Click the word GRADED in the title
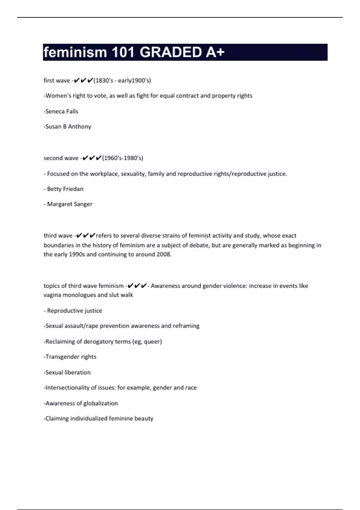click(171, 52)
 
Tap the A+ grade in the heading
click(215, 52)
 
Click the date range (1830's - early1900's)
click(122, 80)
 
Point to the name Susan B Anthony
click(68, 127)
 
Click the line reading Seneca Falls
click(61, 111)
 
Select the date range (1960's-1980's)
click(122, 158)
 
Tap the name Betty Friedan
click(65, 189)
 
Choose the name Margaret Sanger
click(70, 204)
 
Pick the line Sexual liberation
click(67, 372)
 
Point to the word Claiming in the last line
click(57, 418)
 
